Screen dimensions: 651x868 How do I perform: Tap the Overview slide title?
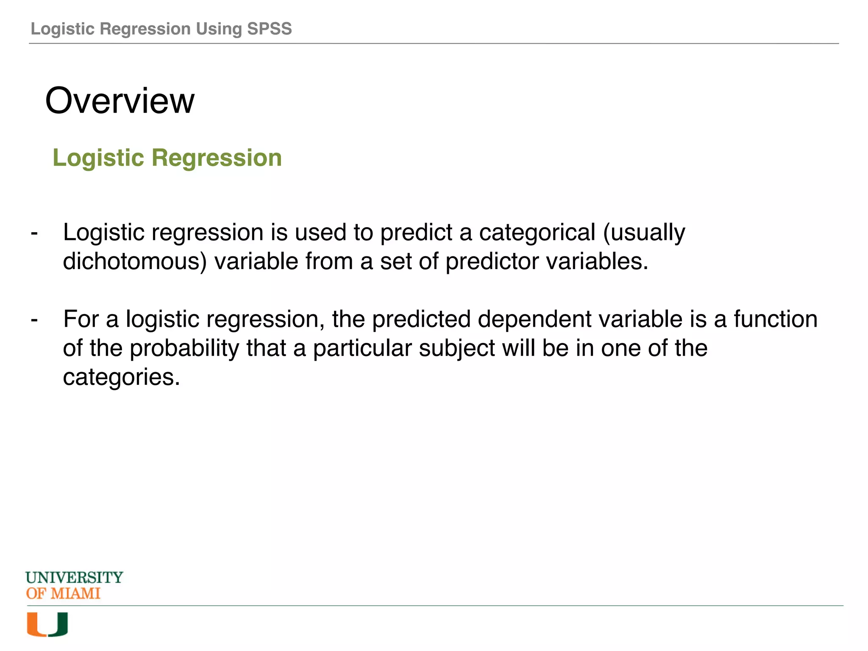[x=120, y=101]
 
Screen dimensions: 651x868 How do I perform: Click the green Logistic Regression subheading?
[x=167, y=158]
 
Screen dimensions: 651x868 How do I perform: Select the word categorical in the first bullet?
[x=537, y=233]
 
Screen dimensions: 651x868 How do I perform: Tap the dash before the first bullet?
[x=34, y=233]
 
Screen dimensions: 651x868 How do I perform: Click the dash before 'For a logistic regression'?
[x=34, y=320]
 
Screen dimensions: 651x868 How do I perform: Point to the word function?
[x=775, y=320]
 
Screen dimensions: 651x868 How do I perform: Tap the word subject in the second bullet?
[x=457, y=348]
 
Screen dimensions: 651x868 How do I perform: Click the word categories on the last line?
[x=121, y=377]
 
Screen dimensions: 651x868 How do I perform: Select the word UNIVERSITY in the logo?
[x=74, y=578]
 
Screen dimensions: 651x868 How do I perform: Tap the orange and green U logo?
[x=47, y=624]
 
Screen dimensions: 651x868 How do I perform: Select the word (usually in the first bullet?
[x=644, y=233]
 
